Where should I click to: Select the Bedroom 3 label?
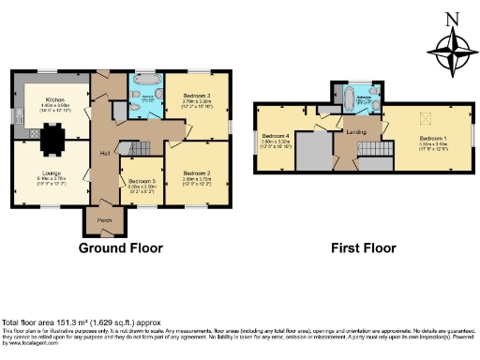[x=196, y=97]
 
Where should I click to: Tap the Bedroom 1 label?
[x=432, y=139]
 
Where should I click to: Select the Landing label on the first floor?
[x=356, y=131]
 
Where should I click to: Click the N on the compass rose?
[x=451, y=18]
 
